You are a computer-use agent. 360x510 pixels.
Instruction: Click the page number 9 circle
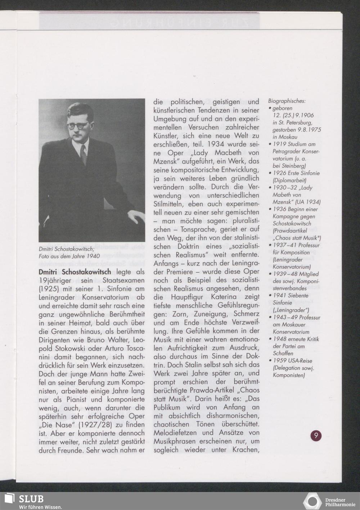point(316,436)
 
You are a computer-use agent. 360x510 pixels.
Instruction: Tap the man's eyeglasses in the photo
point(77,126)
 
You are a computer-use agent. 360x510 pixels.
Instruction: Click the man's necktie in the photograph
point(83,154)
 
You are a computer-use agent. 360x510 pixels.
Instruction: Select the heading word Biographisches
point(287,101)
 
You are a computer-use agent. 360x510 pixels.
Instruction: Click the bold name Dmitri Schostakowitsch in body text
point(75,272)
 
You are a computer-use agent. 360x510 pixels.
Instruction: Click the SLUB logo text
point(31,499)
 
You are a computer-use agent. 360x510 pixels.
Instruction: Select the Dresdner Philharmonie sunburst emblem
point(312,501)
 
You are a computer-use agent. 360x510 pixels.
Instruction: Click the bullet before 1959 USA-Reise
point(270,361)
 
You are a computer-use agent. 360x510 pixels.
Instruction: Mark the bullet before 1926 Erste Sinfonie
point(270,173)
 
